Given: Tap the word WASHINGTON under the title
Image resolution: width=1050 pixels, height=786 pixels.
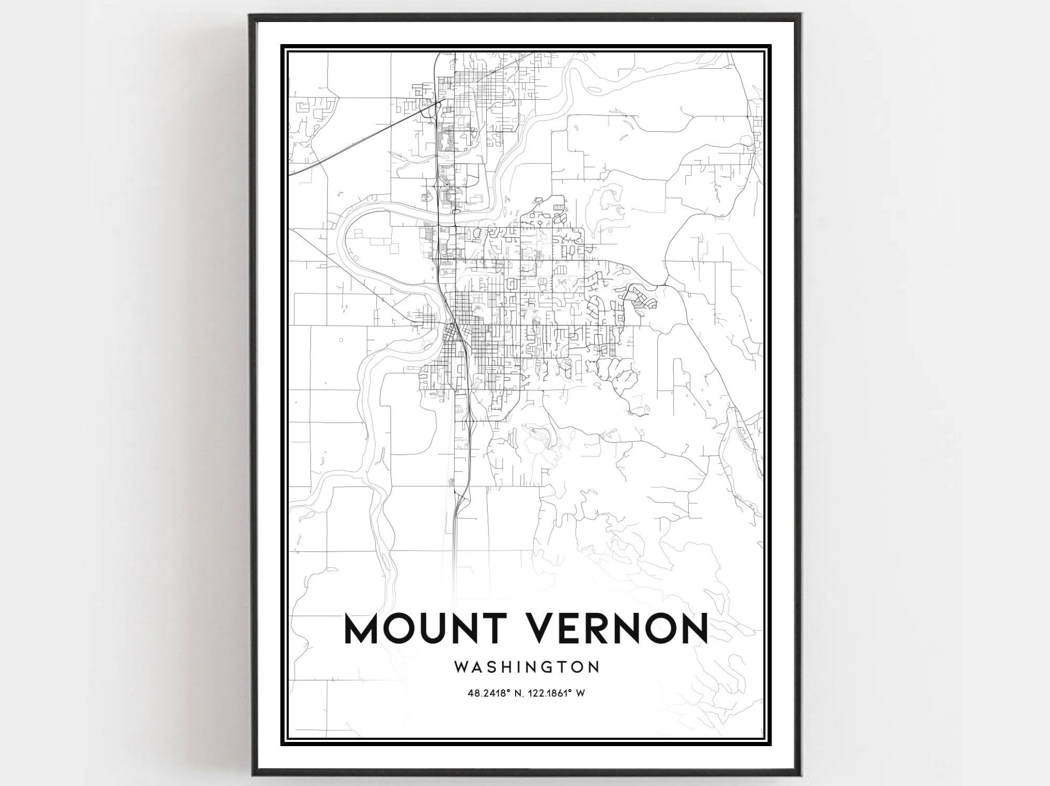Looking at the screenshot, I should pyautogui.click(x=526, y=667).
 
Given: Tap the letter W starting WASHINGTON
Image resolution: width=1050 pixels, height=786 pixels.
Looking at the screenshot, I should pyautogui.click(x=460, y=667).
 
